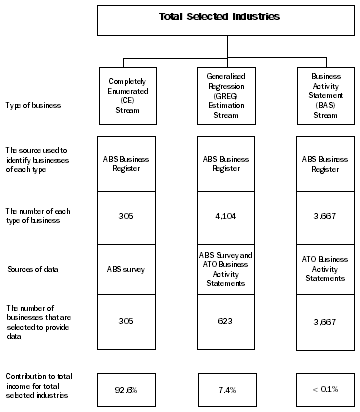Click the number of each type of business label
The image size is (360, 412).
click(40, 213)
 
